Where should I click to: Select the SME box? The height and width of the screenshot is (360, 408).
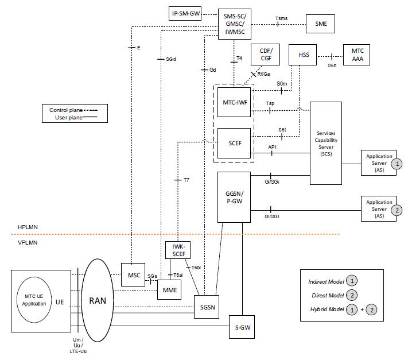click(317, 24)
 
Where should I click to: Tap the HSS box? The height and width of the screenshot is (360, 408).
click(304, 55)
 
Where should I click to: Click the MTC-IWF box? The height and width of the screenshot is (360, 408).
click(235, 103)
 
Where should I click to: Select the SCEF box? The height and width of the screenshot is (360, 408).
click(235, 142)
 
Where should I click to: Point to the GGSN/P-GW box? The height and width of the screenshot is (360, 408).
click(234, 196)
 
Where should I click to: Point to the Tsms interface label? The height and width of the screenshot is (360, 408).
click(282, 18)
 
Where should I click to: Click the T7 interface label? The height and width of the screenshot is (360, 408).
click(186, 180)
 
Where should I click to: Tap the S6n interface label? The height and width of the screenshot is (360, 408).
click(332, 65)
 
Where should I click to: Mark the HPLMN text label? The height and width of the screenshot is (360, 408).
click(28, 228)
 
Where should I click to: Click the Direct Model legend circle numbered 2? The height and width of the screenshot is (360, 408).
click(352, 295)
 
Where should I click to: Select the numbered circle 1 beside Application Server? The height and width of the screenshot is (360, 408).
click(396, 164)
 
